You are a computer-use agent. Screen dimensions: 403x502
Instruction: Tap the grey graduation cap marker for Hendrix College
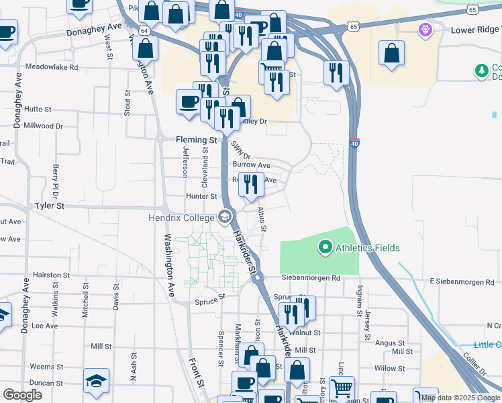click(x=224, y=217)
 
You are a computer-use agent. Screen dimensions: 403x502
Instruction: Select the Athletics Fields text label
click(x=368, y=248)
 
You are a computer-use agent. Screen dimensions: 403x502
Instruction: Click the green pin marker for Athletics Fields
click(x=325, y=248)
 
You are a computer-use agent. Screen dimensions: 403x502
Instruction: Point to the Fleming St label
click(x=196, y=140)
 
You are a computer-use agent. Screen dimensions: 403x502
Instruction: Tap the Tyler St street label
click(x=49, y=206)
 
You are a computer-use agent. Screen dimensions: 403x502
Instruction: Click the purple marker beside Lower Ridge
click(x=424, y=30)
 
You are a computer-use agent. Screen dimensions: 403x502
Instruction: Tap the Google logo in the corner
click(x=22, y=395)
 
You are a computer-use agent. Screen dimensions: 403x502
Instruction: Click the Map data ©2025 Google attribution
click(x=461, y=398)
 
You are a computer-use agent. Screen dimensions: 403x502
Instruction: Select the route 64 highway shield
click(x=144, y=30)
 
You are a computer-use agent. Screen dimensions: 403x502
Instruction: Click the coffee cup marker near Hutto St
click(x=188, y=102)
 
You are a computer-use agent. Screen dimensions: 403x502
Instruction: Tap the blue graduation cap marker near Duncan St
click(x=96, y=382)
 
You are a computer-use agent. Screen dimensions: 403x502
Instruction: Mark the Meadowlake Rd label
click(x=52, y=67)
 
